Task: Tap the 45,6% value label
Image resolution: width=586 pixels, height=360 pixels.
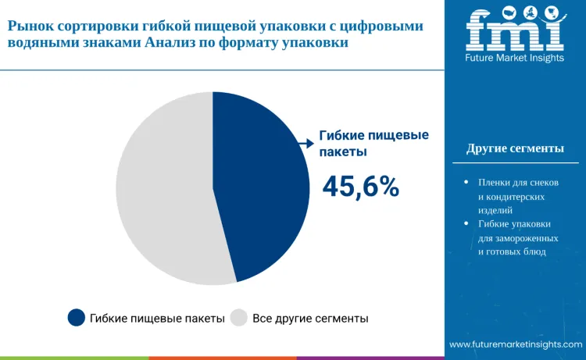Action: tap(361, 187)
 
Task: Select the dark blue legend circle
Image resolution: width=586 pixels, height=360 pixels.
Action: tap(76, 317)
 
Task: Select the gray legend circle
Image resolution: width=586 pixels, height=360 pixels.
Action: tap(239, 317)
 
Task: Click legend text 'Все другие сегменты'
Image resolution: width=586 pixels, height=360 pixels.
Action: tap(310, 319)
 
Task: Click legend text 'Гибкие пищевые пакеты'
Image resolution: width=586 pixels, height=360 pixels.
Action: tap(157, 319)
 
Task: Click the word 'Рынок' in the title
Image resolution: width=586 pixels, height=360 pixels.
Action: tap(30, 27)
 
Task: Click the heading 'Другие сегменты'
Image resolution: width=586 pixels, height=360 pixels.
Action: tap(515, 148)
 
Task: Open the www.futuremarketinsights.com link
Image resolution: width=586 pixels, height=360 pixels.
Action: tap(515, 344)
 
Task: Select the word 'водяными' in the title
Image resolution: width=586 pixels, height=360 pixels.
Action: tap(45, 45)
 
